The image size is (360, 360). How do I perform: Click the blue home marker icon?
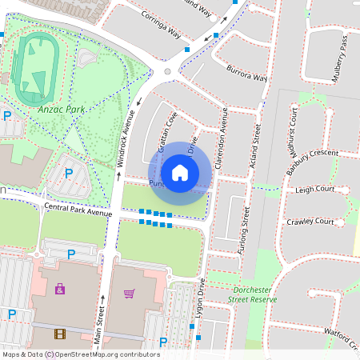180,172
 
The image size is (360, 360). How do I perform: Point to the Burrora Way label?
245,74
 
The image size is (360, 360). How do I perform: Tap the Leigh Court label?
314,190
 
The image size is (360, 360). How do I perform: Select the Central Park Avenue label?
78,209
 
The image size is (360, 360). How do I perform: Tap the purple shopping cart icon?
130,293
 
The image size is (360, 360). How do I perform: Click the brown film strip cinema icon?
60,333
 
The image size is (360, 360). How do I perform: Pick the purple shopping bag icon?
60,288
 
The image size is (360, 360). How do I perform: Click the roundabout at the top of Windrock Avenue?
167,72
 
